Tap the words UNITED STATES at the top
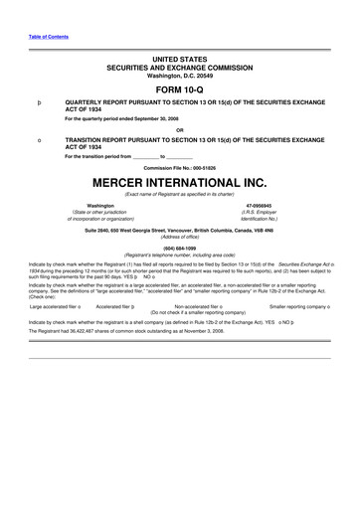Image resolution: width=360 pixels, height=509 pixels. coord(180,61)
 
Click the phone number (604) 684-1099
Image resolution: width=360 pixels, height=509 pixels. coord(180,250)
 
